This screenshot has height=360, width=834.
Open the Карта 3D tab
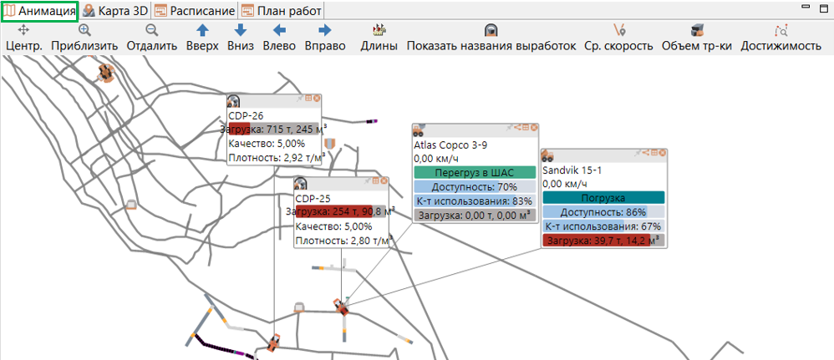[x=115, y=11]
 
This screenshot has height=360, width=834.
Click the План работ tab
[x=282, y=11]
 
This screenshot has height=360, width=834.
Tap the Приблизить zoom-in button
[x=84, y=38]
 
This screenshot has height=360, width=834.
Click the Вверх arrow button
[x=202, y=38]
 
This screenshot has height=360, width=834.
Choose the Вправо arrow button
[x=325, y=38]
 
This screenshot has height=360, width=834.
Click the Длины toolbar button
[x=379, y=38]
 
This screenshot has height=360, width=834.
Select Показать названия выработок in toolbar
[x=491, y=38]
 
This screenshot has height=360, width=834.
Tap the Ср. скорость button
[x=618, y=38]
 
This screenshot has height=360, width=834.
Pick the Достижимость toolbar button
[x=781, y=38]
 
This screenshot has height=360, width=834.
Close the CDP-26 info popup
[x=317, y=99]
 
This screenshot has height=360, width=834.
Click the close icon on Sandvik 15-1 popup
[x=662, y=153]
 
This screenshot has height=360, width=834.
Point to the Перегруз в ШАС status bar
[x=475, y=172]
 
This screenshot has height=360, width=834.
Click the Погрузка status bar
[x=603, y=198]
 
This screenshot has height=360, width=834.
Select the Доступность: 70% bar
[x=475, y=186]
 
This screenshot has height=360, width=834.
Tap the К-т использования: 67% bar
[x=603, y=226]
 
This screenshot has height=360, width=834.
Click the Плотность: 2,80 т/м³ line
[x=341, y=241]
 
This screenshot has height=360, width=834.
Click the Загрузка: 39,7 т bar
[x=603, y=241]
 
